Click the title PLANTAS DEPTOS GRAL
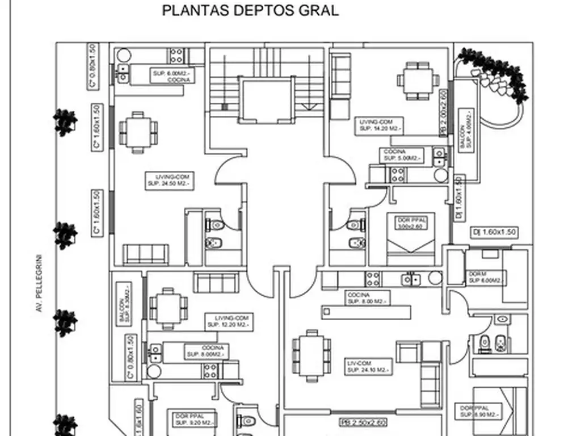tap(250, 11)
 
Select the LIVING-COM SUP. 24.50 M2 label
tap(169, 180)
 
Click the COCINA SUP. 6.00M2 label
tap(172, 76)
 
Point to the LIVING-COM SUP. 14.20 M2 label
tap(380, 125)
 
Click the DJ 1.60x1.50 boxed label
tap(494, 232)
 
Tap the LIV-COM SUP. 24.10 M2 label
tap(368, 366)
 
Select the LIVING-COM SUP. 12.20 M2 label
tap(229, 322)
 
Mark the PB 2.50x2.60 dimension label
tap(363, 422)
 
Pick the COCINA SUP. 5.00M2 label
tap(402, 154)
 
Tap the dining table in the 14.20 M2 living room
tap(418, 81)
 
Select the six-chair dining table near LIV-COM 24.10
tap(311, 355)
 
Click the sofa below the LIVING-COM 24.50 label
tap(146, 254)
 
